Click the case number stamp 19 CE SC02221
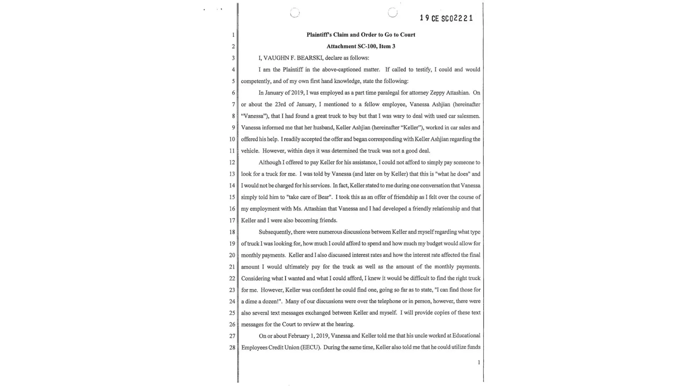(x=446, y=18)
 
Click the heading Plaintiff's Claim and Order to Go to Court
(x=361, y=35)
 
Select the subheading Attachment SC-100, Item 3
(x=361, y=46)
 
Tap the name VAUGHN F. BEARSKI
(x=293, y=58)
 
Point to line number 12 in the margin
(x=232, y=163)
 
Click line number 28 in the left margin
(x=232, y=347)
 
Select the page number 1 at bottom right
(x=479, y=362)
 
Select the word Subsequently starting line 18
(x=275, y=232)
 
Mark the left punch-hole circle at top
(x=295, y=13)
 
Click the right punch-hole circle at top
(x=392, y=12)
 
